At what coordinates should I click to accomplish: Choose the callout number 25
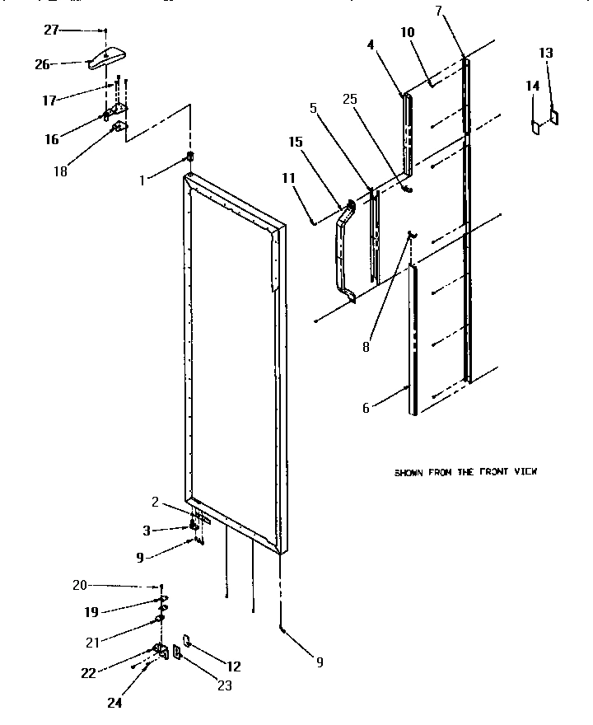349,100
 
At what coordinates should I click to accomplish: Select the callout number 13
546,53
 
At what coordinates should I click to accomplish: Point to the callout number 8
366,346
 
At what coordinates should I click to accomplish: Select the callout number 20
79,585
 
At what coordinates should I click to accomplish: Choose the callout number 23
224,685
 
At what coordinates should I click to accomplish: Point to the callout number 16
52,139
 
